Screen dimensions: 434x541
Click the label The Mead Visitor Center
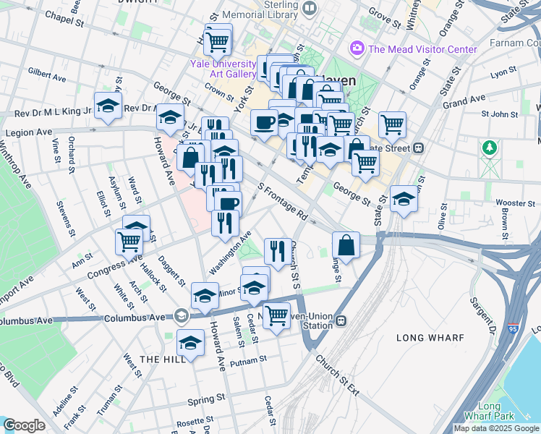pyautogui.click(x=422, y=49)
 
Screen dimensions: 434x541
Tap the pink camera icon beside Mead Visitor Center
pyautogui.click(x=356, y=49)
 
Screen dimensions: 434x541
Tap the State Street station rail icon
pyautogui.click(x=418, y=148)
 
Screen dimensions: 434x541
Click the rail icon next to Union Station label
pyautogui.click(x=341, y=320)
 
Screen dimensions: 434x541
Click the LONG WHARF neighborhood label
pyautogui.click(x=425, y=338)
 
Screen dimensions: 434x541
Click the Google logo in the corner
pyautogui.click(x=24, y=425)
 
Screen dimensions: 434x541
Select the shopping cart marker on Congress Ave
pyautogui.click(x=129, y=241)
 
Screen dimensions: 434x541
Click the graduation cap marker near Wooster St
pyautogui.click(x=404, y=197)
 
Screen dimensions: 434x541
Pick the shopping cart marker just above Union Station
pyautogui.click(x=276, y=314)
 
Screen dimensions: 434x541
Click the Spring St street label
pyautogui.click(x=206, y=399)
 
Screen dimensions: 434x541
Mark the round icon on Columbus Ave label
pyautogui.click(x=180, y=315)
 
